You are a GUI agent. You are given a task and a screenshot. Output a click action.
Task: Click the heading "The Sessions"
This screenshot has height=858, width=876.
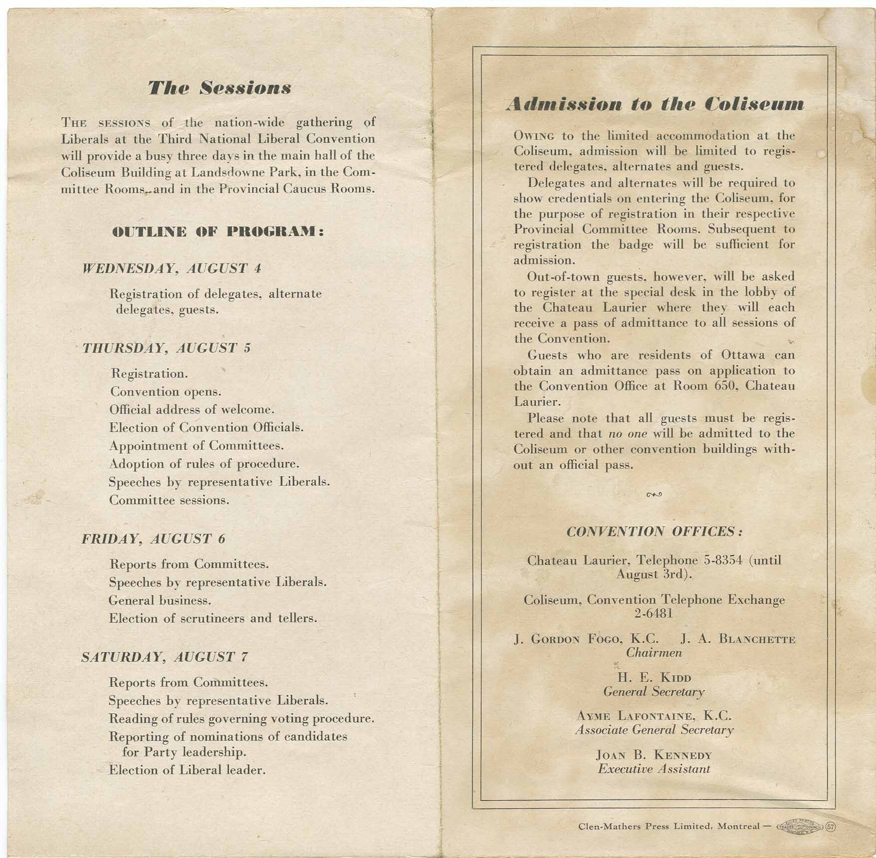[x=219, y=88]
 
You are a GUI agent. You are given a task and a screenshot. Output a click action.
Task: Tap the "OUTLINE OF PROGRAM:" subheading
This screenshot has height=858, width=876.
[x=218, y=232]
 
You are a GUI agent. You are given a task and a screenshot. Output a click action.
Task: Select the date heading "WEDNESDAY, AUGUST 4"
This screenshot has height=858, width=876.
[x=171, y=269]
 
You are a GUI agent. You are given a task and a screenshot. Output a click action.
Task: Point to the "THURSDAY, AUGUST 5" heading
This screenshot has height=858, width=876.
[x=166, y=348]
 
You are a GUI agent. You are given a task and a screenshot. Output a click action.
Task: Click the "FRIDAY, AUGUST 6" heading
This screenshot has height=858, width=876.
[x=153, y=539]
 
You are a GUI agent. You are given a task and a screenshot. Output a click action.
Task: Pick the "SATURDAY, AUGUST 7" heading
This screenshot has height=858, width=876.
[x=164, y=657]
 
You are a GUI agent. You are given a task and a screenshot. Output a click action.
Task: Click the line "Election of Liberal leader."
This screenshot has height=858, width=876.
[x=187, y=770]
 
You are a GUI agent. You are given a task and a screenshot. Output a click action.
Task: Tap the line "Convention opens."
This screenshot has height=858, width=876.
[x=165, y=392]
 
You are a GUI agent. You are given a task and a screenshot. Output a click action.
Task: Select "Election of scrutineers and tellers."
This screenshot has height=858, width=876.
[x=213, y=618]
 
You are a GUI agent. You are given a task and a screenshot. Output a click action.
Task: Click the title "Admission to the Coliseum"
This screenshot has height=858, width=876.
[x=655, y=104]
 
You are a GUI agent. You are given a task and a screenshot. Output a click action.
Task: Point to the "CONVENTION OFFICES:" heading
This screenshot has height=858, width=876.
[x=655, y=531]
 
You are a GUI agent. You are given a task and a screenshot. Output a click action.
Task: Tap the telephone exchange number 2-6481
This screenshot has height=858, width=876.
[x=654, y=613]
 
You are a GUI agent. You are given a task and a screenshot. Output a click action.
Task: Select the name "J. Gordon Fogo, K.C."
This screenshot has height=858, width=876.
[x=586, y=639]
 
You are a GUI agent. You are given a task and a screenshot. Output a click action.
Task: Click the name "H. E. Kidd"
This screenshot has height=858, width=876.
[x=654, y=678]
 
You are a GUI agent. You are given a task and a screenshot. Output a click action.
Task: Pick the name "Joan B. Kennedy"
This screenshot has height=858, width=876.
[x=654, y=755]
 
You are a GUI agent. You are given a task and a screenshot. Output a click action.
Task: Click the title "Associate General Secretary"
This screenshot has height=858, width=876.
[x=654, y=730]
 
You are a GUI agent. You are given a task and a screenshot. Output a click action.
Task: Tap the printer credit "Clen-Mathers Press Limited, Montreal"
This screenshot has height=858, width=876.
[x=668, y=826]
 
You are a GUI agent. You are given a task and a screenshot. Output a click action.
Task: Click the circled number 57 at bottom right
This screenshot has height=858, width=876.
[x=831, y=826]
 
